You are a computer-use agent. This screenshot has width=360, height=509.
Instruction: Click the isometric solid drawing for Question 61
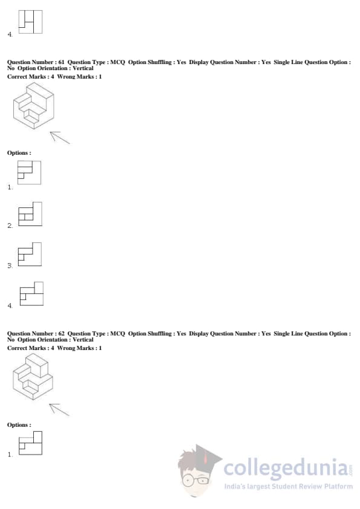pos(33,106)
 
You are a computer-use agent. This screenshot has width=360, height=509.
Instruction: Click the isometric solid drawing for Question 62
pos(33,377)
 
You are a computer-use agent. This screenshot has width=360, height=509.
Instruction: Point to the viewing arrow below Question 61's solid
pos(60,138)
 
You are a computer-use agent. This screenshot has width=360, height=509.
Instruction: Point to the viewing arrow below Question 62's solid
pos(59,410)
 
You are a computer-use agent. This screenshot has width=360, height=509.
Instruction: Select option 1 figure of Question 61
pos(29,172)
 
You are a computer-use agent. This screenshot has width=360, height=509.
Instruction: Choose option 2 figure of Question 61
pos(30,214)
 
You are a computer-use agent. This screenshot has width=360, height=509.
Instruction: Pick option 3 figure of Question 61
pos(30,254)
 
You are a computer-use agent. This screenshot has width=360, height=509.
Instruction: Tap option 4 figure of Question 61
pos(31,294)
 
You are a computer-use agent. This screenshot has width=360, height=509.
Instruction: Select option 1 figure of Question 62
pos(30,443)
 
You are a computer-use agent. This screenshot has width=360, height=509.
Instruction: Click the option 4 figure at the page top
pos(30,22)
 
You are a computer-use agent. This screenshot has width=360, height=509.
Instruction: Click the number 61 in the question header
pos(61,62)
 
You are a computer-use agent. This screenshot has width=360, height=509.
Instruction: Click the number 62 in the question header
pos(61,333)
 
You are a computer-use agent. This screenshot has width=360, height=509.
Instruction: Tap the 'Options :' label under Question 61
pos(19,153)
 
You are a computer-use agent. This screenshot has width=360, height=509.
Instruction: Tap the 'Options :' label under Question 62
pos(19,425)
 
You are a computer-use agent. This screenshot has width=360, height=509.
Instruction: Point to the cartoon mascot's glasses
pos(197,479)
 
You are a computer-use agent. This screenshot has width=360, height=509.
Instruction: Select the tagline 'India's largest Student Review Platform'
pos(289,486)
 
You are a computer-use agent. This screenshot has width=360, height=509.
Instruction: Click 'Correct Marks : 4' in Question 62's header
pos(30,348)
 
